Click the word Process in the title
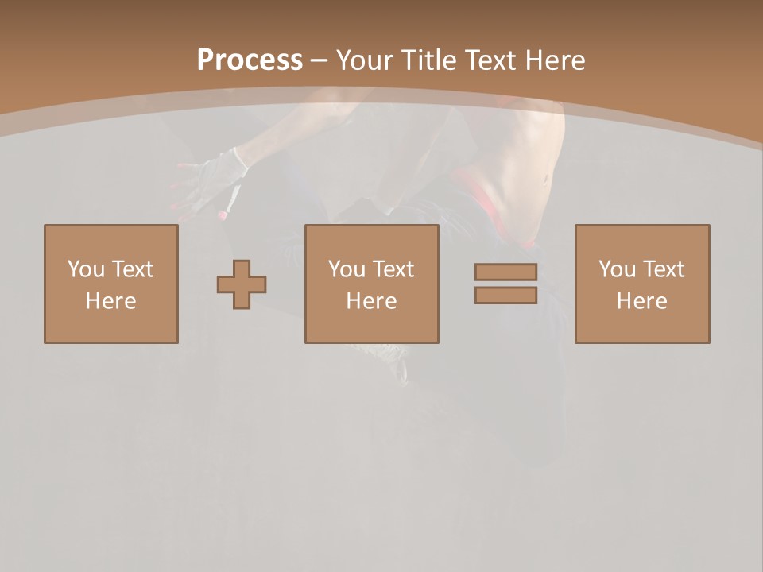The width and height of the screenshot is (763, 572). click(250, 60)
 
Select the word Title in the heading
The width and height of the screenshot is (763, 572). click(432, 60)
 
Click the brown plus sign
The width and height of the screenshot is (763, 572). click(242, 284)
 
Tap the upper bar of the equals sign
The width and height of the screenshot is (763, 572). click(505, 272)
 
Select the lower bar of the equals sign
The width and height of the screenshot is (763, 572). click(505, 296)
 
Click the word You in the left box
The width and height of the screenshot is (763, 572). click(86, 269)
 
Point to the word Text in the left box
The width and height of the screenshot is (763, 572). click(132, 269)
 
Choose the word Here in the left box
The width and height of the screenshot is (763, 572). click(110, 301)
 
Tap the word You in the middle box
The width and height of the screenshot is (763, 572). click(347, 269)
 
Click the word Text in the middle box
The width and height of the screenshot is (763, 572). click(393, 269)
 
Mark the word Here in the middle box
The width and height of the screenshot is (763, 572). click(371, 301)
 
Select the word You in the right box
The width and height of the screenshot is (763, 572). click(617, 269)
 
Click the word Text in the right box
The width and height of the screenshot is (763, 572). click(663, 269)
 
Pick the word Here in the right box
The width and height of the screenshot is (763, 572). click(641, 301)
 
